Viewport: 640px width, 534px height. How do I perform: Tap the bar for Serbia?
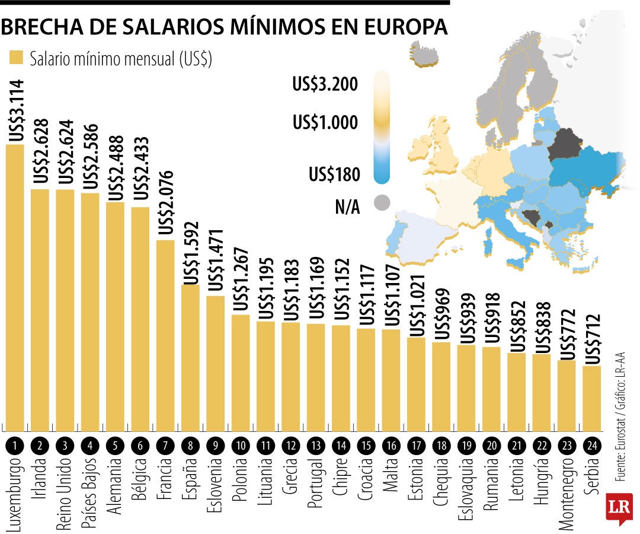coord(592,398)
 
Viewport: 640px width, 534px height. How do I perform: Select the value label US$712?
coord(592,339)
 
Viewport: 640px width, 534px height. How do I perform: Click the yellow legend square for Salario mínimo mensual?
coord(15,58)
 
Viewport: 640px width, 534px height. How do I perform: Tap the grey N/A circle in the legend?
coord(382,203)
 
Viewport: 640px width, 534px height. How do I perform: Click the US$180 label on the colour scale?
coord(334,175)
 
